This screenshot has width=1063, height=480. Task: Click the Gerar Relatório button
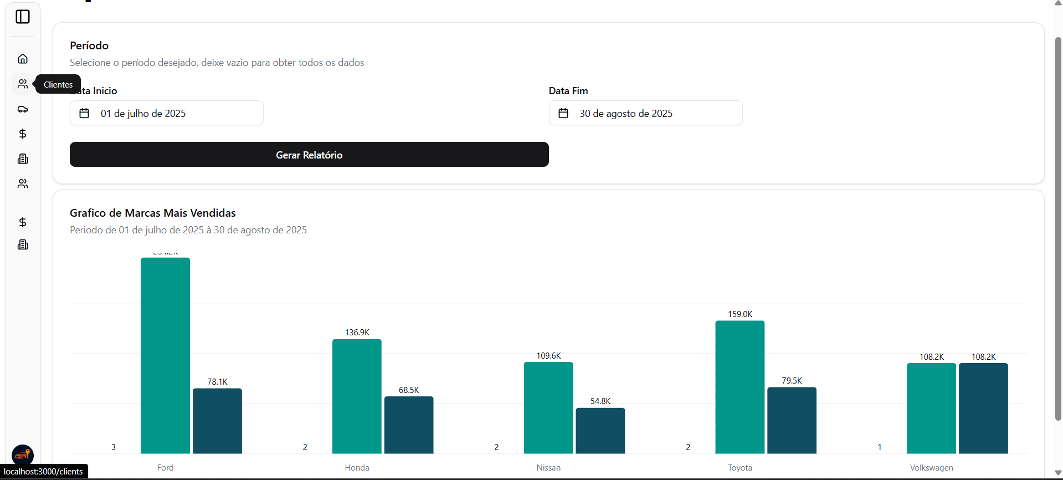pos(309,155)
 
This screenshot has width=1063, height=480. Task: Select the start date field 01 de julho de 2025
pos(166,113)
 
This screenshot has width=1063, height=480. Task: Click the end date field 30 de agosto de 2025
pos(645,113)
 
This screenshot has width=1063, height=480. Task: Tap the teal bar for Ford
pos(165,355)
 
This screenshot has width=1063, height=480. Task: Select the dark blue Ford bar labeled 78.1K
pos(217,421)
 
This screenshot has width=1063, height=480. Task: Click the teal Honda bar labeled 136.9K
pos(357,396)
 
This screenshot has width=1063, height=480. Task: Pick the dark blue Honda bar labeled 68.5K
pos(409,425)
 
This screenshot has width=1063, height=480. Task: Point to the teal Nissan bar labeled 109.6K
pos(548,407)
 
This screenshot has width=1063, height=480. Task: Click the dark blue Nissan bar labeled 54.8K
pos(600,431)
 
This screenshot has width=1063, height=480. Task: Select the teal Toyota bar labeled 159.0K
pos(740,387)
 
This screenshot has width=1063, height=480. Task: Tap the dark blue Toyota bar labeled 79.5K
pos(792,420)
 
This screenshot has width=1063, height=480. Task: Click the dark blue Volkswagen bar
pos(983,408)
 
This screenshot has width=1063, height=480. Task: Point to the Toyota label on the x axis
pos(740,468)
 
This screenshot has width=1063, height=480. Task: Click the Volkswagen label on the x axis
pos(931,468)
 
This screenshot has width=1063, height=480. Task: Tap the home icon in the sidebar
pos(23,59)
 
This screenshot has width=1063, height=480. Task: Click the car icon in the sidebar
pos(23,109)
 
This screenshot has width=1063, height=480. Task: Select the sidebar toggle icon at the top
pos(23,17)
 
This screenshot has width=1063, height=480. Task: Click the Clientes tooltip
pos(58,84)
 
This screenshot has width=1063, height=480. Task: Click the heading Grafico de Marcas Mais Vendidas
pos(153,213)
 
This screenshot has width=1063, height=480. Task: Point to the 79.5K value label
pos(792,381)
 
